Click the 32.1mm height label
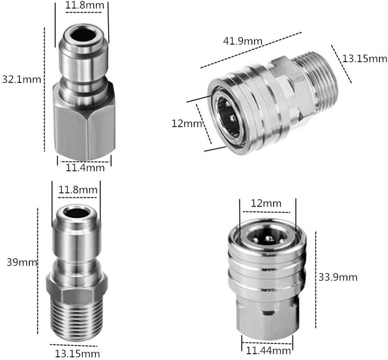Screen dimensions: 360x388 pos(22,80)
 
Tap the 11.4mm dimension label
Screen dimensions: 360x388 pos(85,168)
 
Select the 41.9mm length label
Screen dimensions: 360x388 pos(243,41)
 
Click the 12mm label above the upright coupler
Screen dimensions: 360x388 pos(266,204)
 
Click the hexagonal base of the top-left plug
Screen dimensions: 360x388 pos(83,121)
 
